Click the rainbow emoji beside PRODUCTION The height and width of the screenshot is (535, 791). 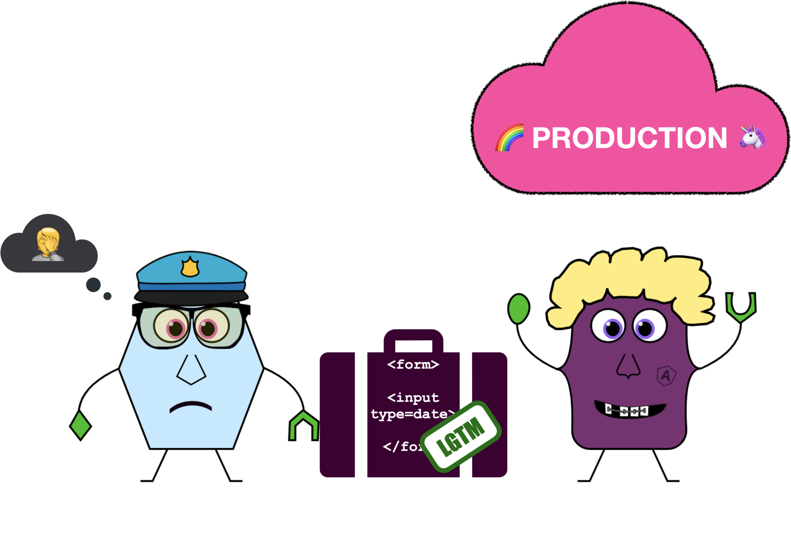(509, 138)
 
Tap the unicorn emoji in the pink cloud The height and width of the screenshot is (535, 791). (752, 137)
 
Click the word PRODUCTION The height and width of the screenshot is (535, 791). (629, 138)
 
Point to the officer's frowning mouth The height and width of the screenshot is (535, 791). (191, 406)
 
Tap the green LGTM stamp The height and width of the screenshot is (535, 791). (461, 436)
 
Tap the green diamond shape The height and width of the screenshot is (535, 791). (80, 425)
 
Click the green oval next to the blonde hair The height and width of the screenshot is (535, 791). (519, 309)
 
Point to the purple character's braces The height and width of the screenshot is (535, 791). (626, 411)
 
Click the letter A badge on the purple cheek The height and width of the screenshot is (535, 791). (666, 375)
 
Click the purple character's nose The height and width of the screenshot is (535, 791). (628, 367)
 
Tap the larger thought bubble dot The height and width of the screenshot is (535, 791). (94, 285)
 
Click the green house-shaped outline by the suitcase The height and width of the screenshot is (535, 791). (304, 426)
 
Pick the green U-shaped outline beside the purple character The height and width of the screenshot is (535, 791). (741, 307)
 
